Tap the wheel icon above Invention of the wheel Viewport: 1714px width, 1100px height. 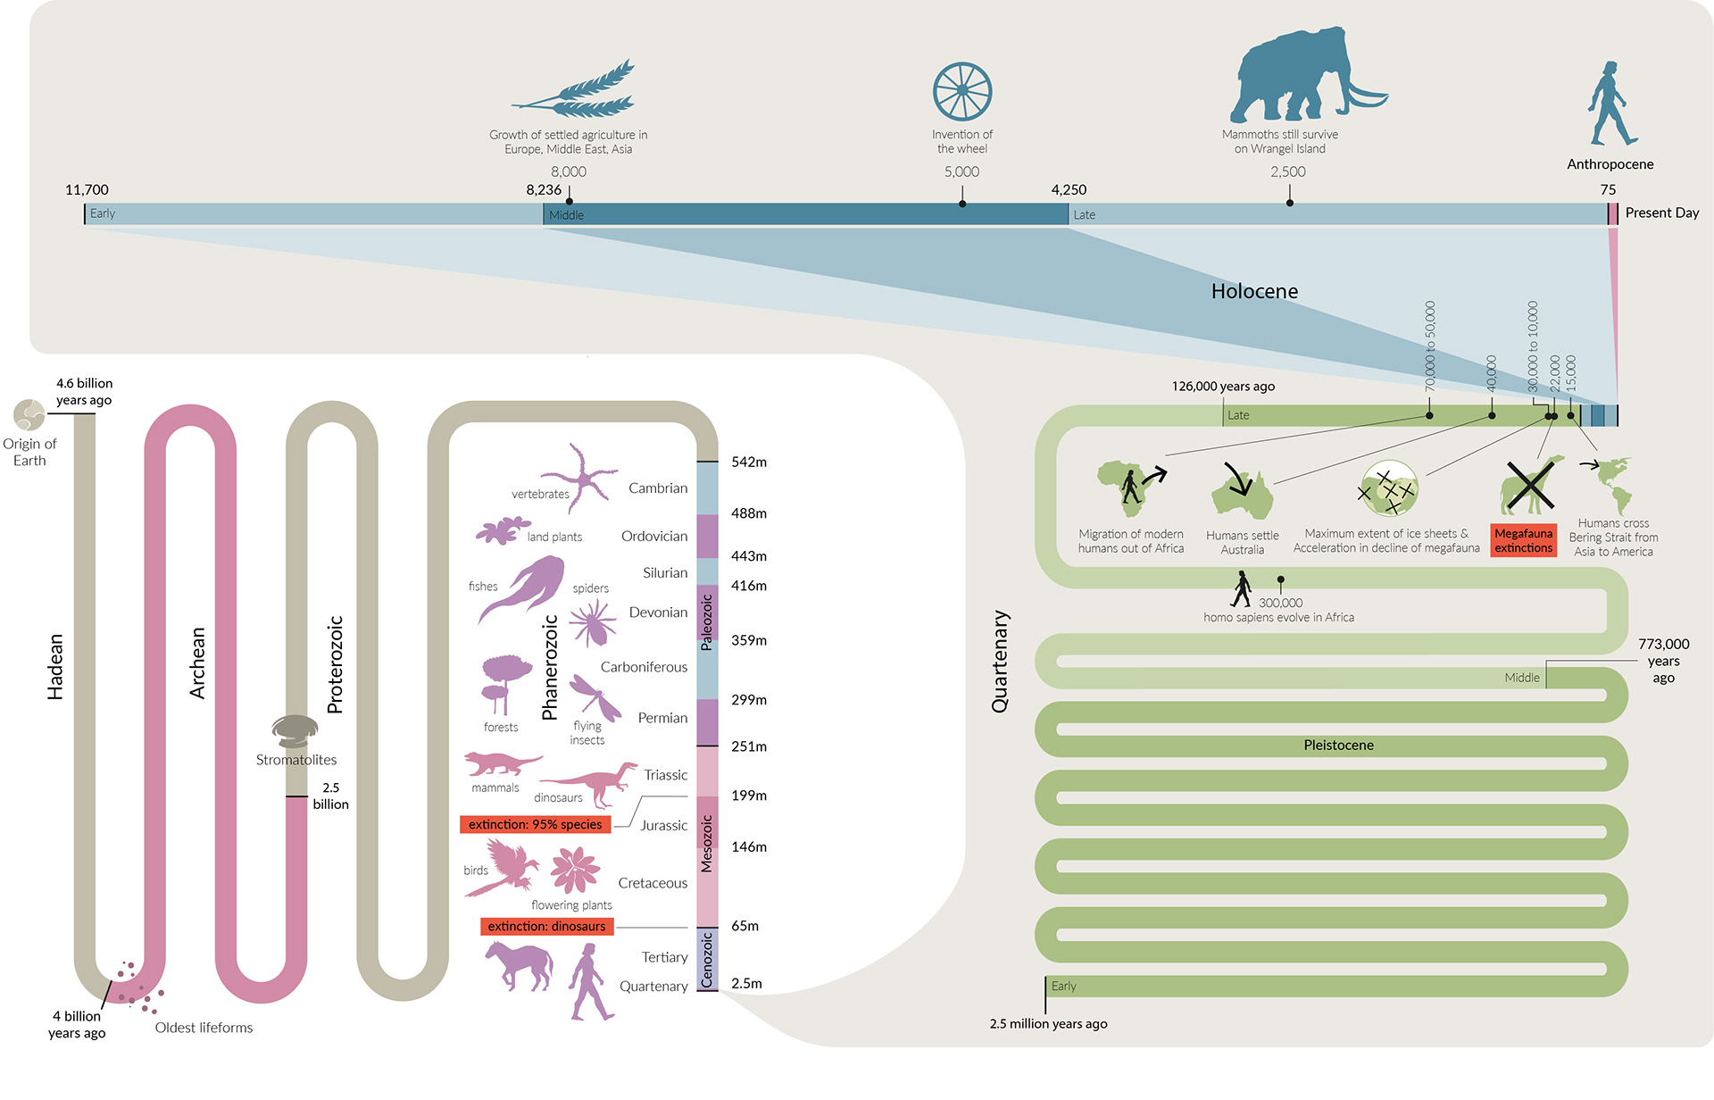click(962, 91)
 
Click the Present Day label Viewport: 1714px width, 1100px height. click(1661, 212)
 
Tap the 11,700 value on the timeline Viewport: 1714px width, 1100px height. click(87, 189)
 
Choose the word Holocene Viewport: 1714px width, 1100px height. click(1254, 291)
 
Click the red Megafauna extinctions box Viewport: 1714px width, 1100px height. click(1523, 540)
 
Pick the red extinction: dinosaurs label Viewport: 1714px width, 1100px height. click(546, 926)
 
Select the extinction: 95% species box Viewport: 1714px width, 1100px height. click(535, 824)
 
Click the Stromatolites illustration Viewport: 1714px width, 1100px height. click(295, 730)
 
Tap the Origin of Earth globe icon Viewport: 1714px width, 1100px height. click(29, 415)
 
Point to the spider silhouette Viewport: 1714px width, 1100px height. click(592, 621)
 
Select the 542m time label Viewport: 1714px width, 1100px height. click(748, 462)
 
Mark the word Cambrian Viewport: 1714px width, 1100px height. click(658, 487)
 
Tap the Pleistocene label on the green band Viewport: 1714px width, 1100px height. click(1338, 745)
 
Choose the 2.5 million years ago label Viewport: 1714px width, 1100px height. click(1048, 1023)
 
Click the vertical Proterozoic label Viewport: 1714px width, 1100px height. click(335, 664)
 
